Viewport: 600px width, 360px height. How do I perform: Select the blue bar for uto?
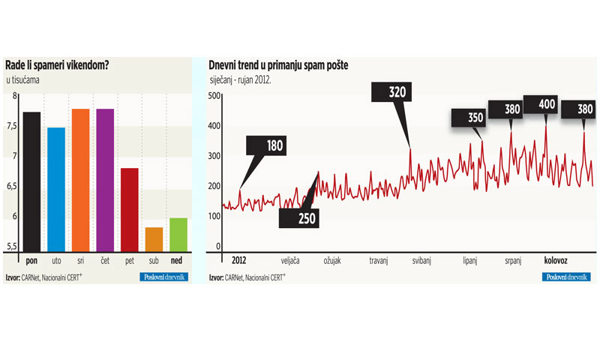[x=55, y=190]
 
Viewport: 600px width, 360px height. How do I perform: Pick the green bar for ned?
[x=178, y=235]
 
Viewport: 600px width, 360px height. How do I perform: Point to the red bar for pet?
[x=130, y=211]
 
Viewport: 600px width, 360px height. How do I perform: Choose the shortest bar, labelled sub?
[x=154, y=240]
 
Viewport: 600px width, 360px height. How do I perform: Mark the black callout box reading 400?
[x=547, y=103]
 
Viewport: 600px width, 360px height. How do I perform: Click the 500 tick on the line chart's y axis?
[x=214, y=95]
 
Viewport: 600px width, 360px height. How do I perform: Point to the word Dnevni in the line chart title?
[x=225, y=65]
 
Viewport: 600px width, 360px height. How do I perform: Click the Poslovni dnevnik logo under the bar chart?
[x=164, y=277]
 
